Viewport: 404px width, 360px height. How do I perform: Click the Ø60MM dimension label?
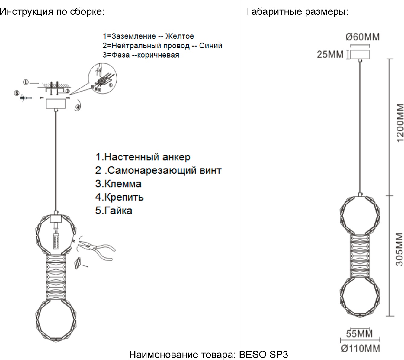[362, 37]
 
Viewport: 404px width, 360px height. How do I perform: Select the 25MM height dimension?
[330, 54]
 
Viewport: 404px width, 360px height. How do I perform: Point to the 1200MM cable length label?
[400, 123]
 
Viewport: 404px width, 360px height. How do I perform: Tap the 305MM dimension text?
[399, 249]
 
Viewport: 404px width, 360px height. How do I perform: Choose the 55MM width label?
[359, 334]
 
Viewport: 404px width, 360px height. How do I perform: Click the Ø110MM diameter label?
[360, 348]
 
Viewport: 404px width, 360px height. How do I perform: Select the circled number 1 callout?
[26, 82]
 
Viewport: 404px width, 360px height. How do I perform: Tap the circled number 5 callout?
[16, 93]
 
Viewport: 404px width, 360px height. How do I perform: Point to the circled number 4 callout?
[78, 107]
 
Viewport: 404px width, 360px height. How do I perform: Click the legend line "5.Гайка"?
[114, 210]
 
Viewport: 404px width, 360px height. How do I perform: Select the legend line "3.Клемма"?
[118, 184]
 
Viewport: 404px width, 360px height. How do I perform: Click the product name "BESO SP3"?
[263, 354]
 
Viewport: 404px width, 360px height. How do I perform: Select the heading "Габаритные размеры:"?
[297, 12]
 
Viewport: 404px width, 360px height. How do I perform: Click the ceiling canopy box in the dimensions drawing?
[359, 54]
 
